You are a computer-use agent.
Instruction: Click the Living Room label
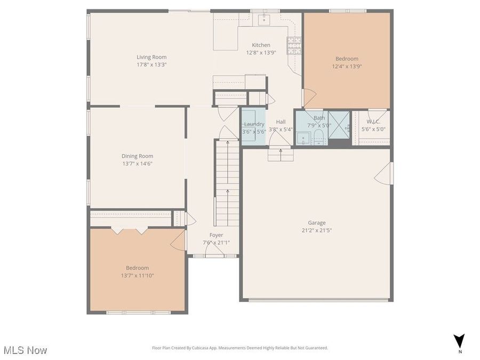[x=151, y=57]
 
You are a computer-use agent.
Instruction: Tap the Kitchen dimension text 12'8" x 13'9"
[x=261, y=53]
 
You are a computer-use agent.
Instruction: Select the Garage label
[x=316, y=223]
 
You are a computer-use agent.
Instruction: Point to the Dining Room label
[x=138, y=156]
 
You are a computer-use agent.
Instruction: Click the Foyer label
[x=216, y=235]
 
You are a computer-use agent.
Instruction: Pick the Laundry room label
[x=254, y=124]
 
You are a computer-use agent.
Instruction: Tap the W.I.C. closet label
[x=373, y=121]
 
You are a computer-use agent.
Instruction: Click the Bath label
[x=319, y=118]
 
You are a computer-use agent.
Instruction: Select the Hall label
[x=281, y=122]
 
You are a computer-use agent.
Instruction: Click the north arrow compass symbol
[x=459, y=341]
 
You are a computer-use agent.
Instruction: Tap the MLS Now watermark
[x=25, y=350]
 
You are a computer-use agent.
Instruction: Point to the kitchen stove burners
[x=293, y=45]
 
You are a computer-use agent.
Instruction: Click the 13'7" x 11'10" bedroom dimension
[x=137, y=275]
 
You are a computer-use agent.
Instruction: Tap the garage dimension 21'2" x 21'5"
[x=316, y=230]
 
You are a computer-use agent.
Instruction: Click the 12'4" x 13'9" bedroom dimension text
[x=347, y=66]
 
